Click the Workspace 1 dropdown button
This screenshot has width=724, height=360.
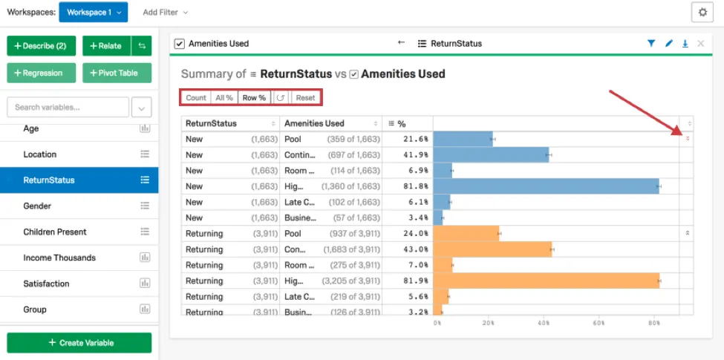click(x=93, y=12)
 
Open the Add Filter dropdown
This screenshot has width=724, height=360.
click(x=165, y=13)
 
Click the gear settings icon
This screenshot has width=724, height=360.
click(x=702, y=13)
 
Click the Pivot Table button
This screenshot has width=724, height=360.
click(x=117, y=73)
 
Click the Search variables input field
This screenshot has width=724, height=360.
click(x=67, y=108)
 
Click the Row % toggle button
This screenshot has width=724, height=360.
click(x=254, y=98)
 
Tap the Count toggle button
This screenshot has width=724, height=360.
click(x=196, y=98)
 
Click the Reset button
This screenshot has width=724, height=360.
click(x=305, y=98)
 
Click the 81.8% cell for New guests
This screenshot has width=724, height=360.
click(x=407, y=186)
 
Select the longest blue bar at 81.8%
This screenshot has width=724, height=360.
click(x=546, y=186)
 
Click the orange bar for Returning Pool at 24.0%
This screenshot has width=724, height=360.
click(x=466, y=234)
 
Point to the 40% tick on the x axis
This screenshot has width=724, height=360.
click(x=544, y=323)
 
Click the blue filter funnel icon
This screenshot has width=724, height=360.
click(x=651, y=44)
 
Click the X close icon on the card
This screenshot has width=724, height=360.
click(x=700, y=44)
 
